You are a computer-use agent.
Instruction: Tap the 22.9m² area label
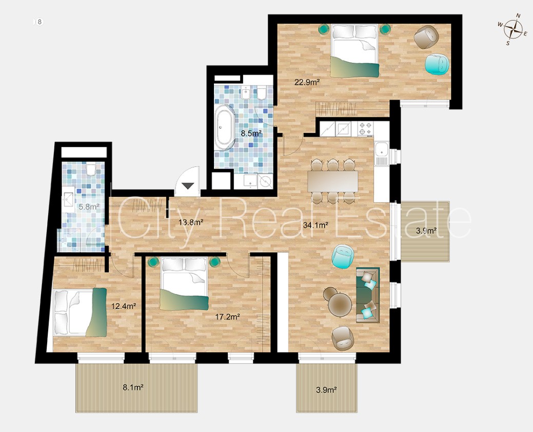click(307, 82)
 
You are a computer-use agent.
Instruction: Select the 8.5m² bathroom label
click(251, 133)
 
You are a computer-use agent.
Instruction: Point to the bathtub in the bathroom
click(224, 127)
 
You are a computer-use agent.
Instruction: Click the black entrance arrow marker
click(188, 186)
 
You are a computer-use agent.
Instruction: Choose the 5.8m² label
click(89, 206)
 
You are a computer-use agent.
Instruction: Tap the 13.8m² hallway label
click(191, 222)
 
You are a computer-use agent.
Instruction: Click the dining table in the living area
click(333, 181)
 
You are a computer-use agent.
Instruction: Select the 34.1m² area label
click(315, 224)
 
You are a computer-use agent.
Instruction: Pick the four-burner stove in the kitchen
click(365, 129)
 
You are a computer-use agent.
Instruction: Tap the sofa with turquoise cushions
click(367, 295)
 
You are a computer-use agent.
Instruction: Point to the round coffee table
click(340, 305)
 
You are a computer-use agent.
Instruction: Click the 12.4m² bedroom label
click(124, 306)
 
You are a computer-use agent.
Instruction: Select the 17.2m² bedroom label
click(228, 317)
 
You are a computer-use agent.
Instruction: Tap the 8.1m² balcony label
click(133, 387)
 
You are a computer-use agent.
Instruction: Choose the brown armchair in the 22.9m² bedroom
click(426, 37)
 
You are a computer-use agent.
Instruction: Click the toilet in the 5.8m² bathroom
click(91, 169)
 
